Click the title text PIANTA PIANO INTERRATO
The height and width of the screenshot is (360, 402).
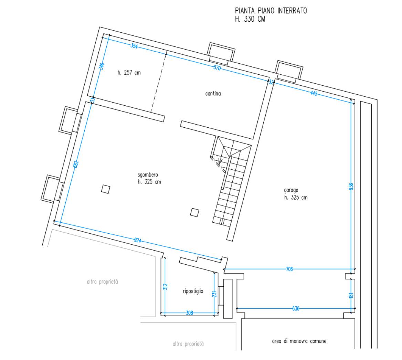pyautogui.click(x=271, y=11)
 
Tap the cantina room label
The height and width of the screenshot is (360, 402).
pyautogui.click(x=213, y=94)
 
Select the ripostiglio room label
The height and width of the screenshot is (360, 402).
pyautogui.click(x=193, y=291)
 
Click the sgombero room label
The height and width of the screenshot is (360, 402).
pyautogui.click(x=148, y=175)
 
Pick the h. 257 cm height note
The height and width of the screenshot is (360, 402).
pyautogui.click(x=129, y=73)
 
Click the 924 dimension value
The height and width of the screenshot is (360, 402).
pyautogui.click(x=138, y=240)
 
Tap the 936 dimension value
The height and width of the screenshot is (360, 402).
pyautogui.click(x=351, y=187)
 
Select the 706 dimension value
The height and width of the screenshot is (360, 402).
pyautogui.click(x=289, y=269)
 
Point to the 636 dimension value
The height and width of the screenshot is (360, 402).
pyautogui.click(x=296, y=308)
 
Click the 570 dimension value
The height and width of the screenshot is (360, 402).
pyautogui.click(x=217, y=68)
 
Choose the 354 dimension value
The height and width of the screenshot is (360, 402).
pyautogui.click(x=134, y=46)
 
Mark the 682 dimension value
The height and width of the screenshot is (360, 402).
pyautogui.click(x=76, y=165)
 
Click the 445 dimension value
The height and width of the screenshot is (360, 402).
pyautogui.click(x=314, y=93)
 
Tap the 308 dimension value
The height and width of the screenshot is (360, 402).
pyautogui.click(x=189, y=313)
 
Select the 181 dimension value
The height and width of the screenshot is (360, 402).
pyautogui.click(x=351, y=295)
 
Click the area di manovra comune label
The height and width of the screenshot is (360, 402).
pyautogui.click(x=299, y=341)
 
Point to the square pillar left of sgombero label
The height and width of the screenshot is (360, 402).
pyautogui.click(x=106, y=189)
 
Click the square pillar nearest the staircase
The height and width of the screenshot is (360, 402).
pyautogui.click(x=194, y=212)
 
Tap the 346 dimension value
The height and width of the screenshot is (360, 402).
pyautogui.click(x=102, y=66)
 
